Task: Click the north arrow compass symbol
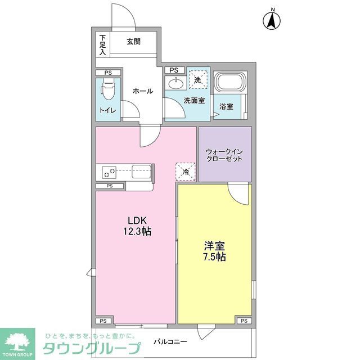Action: tap(272, 21)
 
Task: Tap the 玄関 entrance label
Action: tap(133, 41)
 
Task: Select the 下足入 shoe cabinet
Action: tap(102, 45)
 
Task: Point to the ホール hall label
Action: tap(142, 91)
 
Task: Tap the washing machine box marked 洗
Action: tap(197, 80)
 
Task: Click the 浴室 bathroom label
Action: tap(226, 106)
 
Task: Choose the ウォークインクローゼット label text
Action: tap(224, 155)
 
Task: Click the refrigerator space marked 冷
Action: tap(186, 171)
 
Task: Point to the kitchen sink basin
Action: tap(142, 171)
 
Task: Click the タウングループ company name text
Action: tap(88, 347)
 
